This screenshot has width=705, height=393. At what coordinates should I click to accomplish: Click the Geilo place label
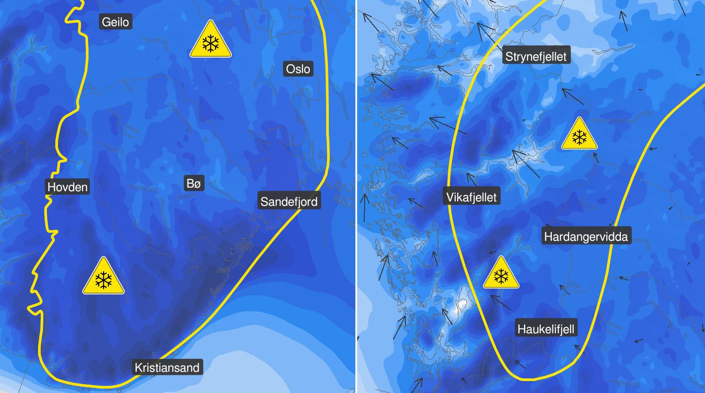tap(115, 22)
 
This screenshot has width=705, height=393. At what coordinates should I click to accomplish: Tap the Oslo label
tap(298, 69)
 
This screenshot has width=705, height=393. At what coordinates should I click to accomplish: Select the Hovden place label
tap(68, 187)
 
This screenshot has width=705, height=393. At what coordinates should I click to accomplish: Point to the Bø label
tap(194, 183)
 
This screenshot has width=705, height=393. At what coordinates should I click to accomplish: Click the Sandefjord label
tap(289, 202)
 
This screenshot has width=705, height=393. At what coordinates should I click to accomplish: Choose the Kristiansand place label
tap(167, 367)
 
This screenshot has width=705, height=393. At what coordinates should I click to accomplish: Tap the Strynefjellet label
tap(535, 57)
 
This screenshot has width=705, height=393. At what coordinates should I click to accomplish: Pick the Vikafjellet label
tap(471, 197)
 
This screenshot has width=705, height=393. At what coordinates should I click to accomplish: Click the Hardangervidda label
tap(586, 237)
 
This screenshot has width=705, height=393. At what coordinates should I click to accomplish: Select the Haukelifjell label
tap(546, 329)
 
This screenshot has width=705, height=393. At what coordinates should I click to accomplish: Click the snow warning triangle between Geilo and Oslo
tap(211, 41)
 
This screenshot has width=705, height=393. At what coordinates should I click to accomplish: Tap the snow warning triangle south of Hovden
tap(104, 277)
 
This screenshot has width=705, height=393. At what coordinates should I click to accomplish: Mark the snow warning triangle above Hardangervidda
tap(579, 135)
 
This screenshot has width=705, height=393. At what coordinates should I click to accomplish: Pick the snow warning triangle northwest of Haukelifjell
tap(501, 274)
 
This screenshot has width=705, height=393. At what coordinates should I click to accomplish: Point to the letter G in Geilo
tap(106, 22)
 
